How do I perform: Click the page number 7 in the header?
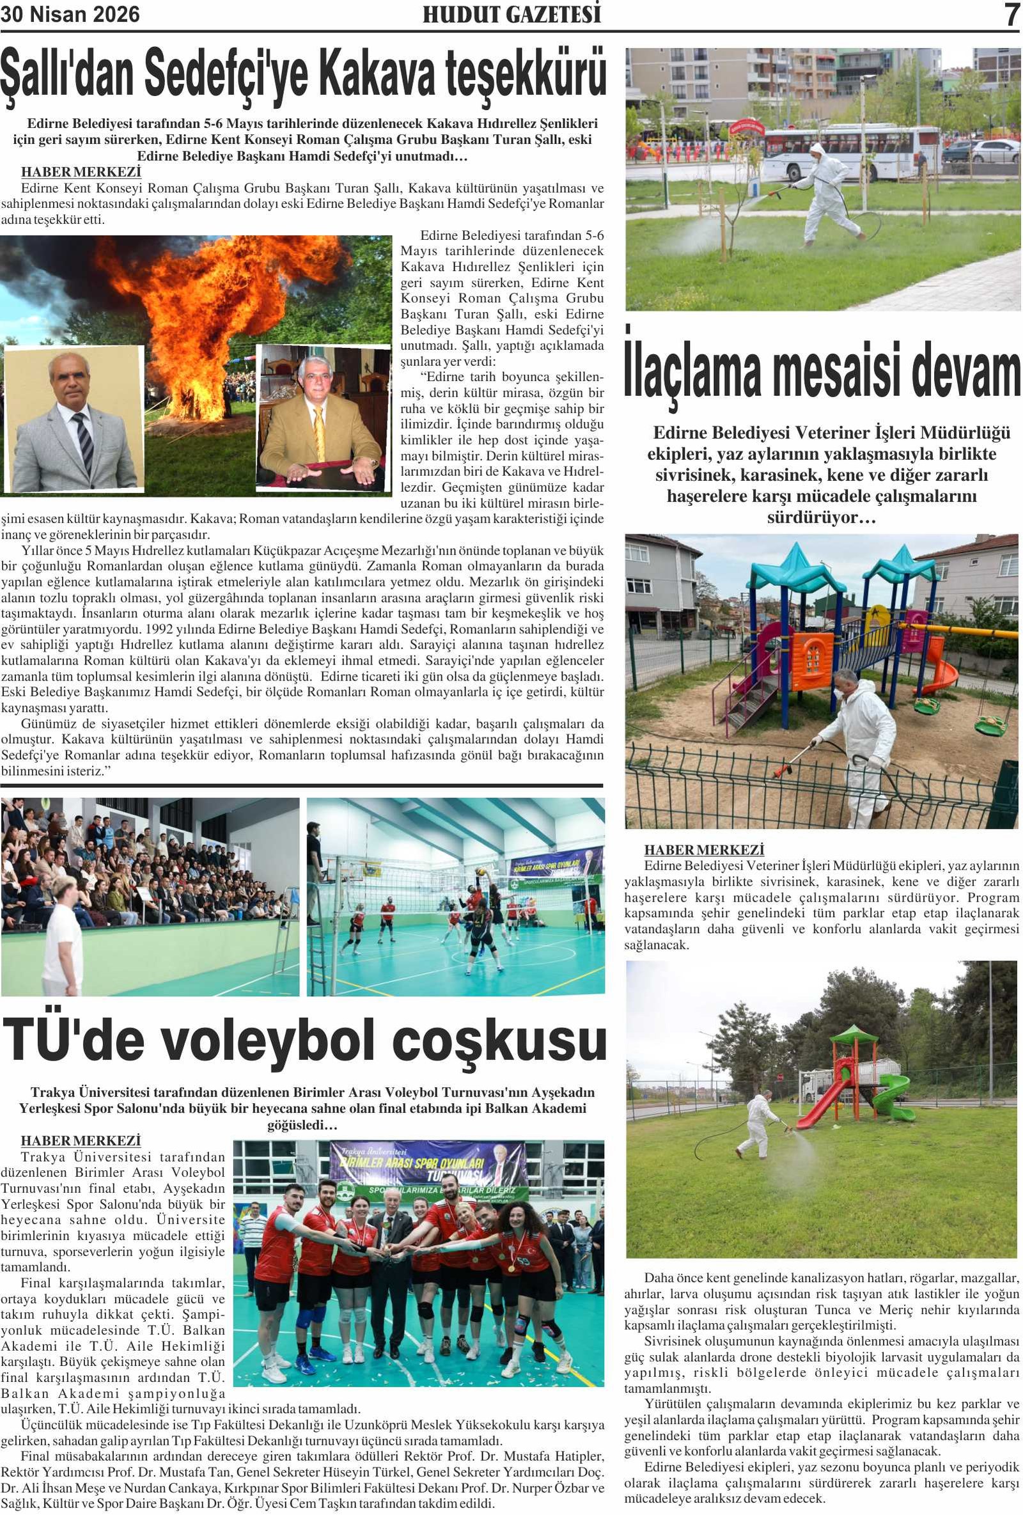coord(1011,14)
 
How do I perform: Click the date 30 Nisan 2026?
coord(70,14)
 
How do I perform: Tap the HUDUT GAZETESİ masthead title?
coord(511,14)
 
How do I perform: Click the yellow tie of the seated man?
coord(319,430)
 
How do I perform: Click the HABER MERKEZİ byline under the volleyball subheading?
coord(81,1140)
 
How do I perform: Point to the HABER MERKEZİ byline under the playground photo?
coord(704,850)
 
